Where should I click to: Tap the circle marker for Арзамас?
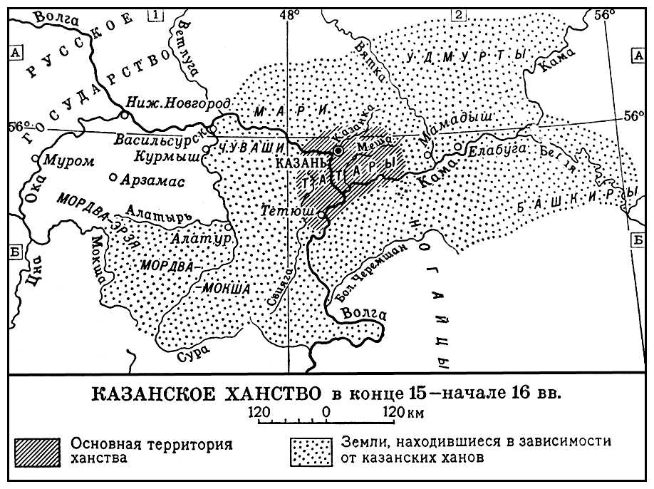tap(112, 177)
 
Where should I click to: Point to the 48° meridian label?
tap(289, 14)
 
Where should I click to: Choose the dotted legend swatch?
tap(310, 451)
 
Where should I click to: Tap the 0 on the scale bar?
tap(326, 411)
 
